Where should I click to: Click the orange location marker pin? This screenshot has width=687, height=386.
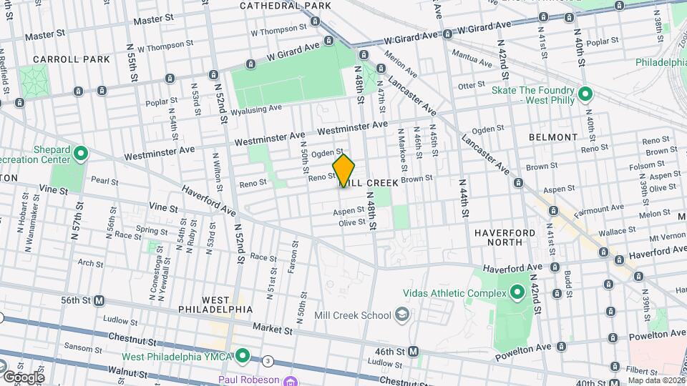[x=344, y=170]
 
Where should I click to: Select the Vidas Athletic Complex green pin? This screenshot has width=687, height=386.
[x=517, y=292]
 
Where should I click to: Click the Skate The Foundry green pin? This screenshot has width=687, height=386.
[x=585, y=94]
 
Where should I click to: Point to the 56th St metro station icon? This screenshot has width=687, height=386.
[x=99, y=301]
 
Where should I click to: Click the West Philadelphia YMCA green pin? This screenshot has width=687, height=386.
[x=243, y=355]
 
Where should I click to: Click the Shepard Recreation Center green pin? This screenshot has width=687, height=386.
[x=80, y=153]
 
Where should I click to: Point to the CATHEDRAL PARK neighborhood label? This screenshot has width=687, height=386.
[x=286, y=6]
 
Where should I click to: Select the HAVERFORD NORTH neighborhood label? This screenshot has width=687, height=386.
[x=505, y=237]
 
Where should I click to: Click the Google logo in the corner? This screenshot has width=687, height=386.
[x=23, y=377]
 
